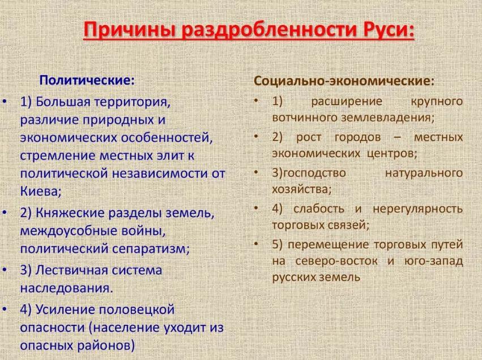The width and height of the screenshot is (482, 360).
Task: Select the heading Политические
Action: tap(87, 81)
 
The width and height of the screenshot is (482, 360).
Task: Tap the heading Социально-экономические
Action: tap(344, 81)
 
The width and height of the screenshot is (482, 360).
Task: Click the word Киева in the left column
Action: tap(41, 192)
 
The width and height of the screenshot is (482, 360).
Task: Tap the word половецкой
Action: tap(136, 310)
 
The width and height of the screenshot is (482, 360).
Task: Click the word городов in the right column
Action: tap(357, 137)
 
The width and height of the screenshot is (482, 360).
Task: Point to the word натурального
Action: tap(424, 173)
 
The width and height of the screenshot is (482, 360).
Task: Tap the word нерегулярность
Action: tap(418, 209)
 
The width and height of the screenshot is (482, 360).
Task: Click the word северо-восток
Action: tap(336, 261)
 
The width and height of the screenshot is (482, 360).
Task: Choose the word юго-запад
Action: tap(433, 261)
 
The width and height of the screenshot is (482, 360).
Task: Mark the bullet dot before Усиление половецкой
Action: tap(5, 309)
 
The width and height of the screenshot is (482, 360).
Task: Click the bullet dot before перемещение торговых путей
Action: tap(256, 244)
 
